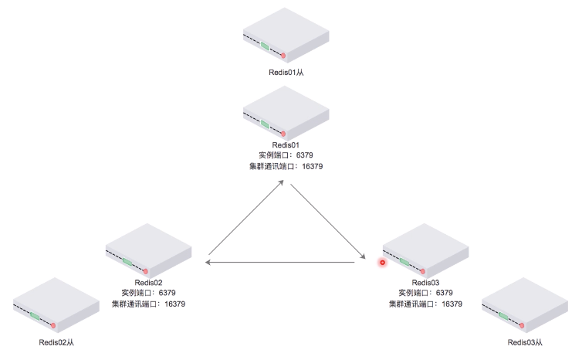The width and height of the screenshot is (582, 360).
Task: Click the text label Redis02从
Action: [x=56, y=341]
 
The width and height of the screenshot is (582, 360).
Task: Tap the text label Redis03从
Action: [x=526, y=341]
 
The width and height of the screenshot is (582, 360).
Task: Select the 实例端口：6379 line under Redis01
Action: [x=286, y=155]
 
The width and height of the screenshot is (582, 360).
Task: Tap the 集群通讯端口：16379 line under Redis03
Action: [x=425, y=304]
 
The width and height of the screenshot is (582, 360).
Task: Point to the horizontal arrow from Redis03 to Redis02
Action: [x=282, y=263]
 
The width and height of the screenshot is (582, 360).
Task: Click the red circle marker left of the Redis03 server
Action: [x=381, y=263]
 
